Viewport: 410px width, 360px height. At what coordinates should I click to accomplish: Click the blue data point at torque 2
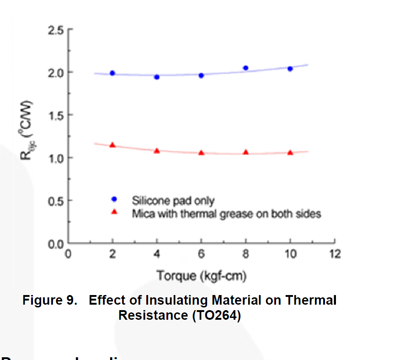pyautogui.click(x=112, y=73)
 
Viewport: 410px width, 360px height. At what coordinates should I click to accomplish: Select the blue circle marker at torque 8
pyautogui.click(x=245, y=68)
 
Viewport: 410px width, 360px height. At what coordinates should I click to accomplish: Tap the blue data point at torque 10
pyautogui.click(x=290, y=69)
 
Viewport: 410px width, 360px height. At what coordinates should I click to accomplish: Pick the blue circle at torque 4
pyautogui.click(x=157, y=77)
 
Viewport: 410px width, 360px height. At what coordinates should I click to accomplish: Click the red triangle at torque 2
pyautogui.click(x=112, y=145)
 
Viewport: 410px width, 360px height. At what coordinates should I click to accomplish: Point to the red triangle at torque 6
pyautogui.click(x=201, y=152)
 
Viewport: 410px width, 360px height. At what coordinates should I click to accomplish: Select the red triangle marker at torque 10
pyautogui.click(x=290, y=152)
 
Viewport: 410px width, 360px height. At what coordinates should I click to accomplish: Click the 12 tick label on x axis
pyautogui.click(x=335, y=254)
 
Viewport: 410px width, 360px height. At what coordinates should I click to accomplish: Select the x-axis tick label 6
pyautogui.click(x=201, y=254)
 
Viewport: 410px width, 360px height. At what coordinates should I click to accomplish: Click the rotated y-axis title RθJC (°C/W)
pyautogui.click(x=27, y=129)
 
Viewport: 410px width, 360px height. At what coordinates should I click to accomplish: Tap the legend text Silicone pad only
pyautogui.click(x=173, y=200)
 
